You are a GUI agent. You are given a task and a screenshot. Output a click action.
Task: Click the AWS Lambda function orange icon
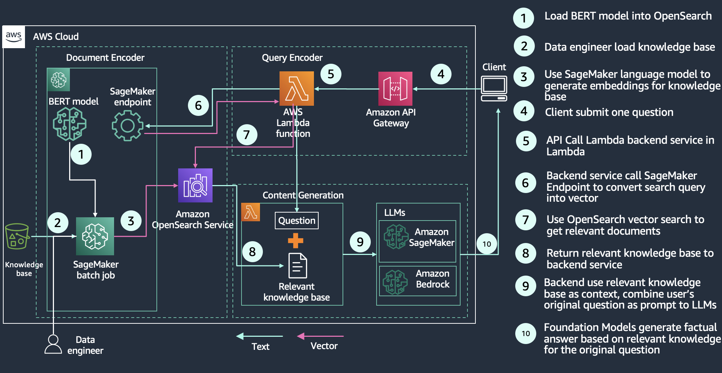pyautogui.click(x=297, y=88)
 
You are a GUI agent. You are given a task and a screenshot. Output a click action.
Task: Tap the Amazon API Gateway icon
pyautogui.click(x=395, y=89)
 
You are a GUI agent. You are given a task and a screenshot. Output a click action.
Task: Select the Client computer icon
pyautogui.click(x=494, y=88)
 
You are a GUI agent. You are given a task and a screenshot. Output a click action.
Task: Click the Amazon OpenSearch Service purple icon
pyautogui.click(x=195, y=185)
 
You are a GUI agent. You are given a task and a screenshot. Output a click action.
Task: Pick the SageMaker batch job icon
pyautogui.click(x=95, y=236)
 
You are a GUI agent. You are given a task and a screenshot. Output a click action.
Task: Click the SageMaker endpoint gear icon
pyautogui.click(x=127, y=126)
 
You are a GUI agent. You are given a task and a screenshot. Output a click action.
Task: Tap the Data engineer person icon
pyautogui.click(x=53, y=344)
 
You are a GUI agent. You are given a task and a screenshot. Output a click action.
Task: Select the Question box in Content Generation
pyautogui.click(x=297, y=221)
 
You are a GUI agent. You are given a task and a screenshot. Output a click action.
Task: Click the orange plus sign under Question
pyautogui.click(x=295, y=241)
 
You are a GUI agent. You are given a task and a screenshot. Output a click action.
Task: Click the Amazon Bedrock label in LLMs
pyautogui.click(x=432, y=279)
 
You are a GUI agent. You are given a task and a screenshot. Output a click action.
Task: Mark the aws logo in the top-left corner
pyautogui.click(x=13, y=37)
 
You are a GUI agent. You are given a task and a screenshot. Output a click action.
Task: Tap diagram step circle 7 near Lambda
pyautogui.click(x=247, y=135)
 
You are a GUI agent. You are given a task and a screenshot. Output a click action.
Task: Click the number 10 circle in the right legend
pyautogui.click(x=525, y=334)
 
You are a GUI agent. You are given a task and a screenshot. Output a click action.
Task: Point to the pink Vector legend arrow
pyautogui.click(x=320, y=336)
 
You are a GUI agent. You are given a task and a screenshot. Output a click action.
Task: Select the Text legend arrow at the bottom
pyautogui.click(x=259, y=336)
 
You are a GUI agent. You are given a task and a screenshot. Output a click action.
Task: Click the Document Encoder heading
pyautogui.click(x=105, y=58)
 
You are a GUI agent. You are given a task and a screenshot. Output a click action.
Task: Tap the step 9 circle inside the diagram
pyautogui.click(x=360, y=242)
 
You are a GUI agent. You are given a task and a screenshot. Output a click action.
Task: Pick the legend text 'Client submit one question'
pyautogui.click(x=609, y=112)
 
